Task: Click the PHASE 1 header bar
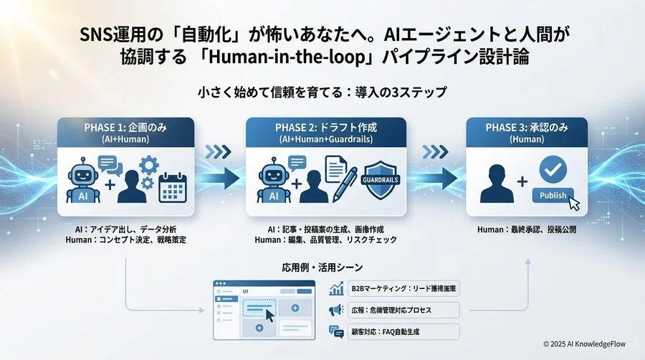coord(126,133)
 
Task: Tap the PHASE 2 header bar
coord(325,133)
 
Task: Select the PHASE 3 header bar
coord(526,133)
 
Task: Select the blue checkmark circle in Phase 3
coord(553,169)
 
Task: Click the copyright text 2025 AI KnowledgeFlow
coord(584,344)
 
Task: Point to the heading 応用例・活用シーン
coord(322,267)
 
